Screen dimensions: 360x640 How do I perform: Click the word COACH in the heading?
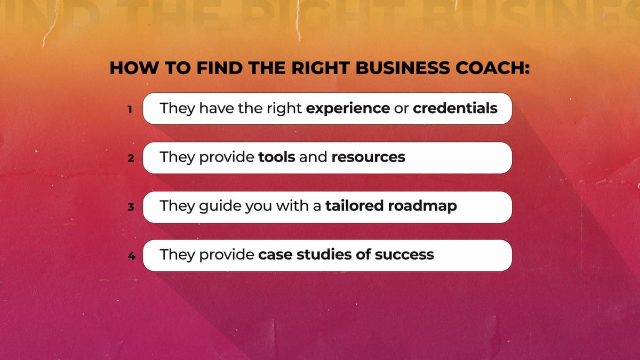[491, 69]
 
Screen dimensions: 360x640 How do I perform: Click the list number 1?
[130, 110]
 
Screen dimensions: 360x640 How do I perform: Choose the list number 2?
[130, 158]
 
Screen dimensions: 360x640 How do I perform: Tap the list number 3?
[130, 207]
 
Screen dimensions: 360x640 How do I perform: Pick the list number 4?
[130, 256]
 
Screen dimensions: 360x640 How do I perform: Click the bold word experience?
[348, 109]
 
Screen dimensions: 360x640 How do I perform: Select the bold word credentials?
[455, 108]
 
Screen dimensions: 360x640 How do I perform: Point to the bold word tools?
[276, 157]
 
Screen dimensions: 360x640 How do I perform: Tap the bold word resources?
[368, 158]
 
